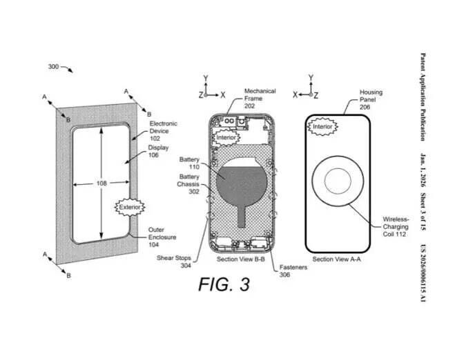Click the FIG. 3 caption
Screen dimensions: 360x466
(x=224, y=283)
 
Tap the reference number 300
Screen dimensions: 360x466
(x=54, y=67)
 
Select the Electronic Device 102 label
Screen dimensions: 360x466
(x=164, y=131)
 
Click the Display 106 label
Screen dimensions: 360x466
(x=157, y=151)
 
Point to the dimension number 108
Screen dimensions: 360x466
(x=101, y=183)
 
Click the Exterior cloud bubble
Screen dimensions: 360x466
(x=130, y=207)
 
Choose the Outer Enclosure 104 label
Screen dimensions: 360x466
(x=162, y=237)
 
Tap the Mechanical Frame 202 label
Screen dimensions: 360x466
(x=260, y=98)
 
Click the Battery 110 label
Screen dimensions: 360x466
(x=189, y=163)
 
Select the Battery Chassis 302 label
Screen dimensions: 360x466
(x=189, y=184)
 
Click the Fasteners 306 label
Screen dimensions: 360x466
(x=294, y=270)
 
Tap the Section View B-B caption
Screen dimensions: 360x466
(x=240, y=259)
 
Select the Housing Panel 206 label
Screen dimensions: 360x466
(x=371, y=99)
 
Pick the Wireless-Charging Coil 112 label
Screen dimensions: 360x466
(x=396, y=226)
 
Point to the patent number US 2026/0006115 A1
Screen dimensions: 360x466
(x=423, y=272)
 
